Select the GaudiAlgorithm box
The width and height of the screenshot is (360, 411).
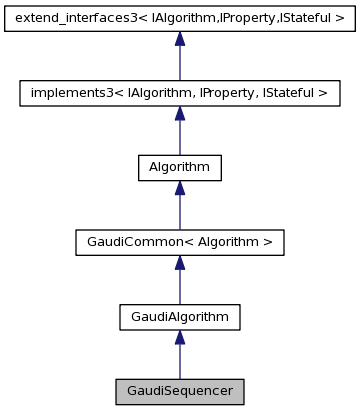tap(179, 317)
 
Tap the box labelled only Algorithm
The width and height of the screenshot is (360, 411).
tap(179, 168)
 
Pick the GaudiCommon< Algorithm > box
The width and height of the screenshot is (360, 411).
tap(179, 242)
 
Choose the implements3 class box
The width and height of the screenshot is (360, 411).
tap(179, 94)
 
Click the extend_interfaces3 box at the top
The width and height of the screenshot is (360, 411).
tap(179, 19)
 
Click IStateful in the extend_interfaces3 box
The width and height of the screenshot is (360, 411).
tap(311, 19)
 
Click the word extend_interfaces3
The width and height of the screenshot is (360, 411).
tap(69, 19)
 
